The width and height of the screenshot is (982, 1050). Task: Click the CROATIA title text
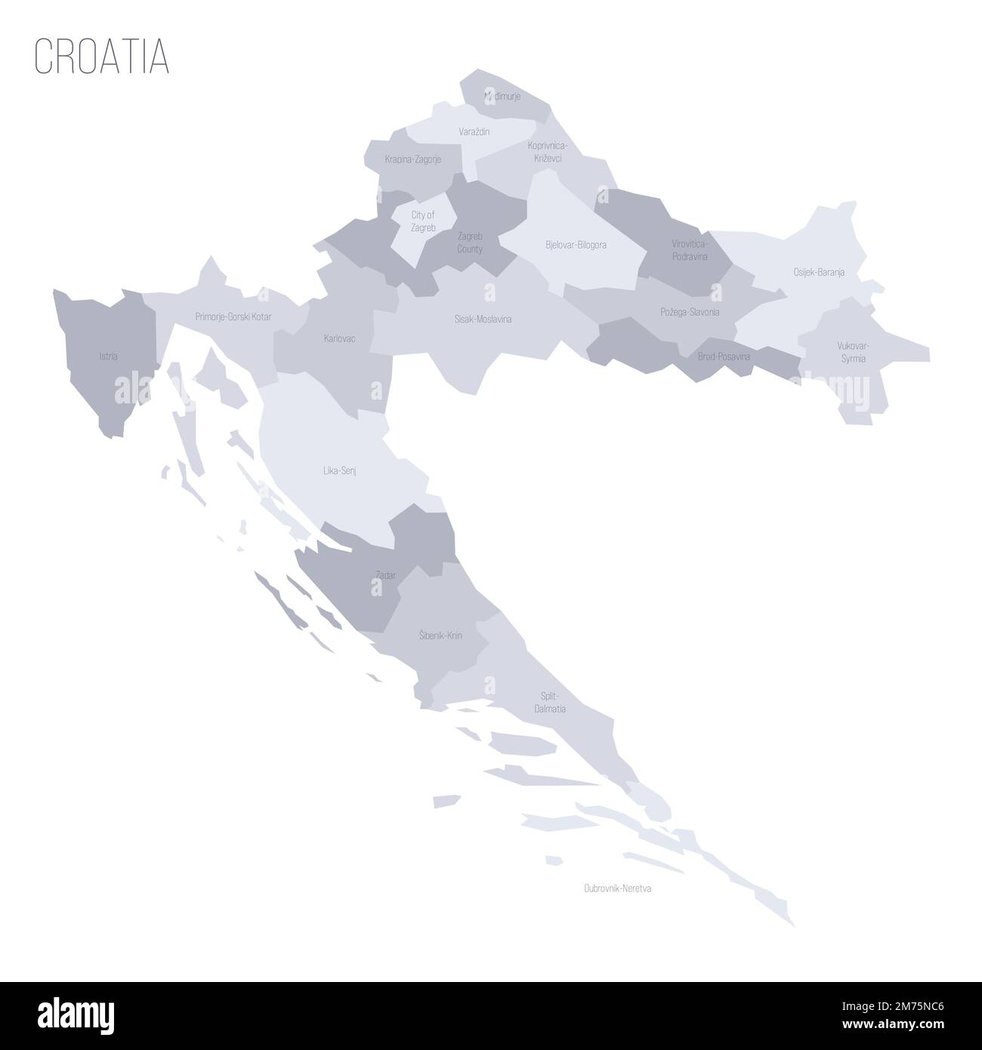pyautogui.click(x=101, y=55)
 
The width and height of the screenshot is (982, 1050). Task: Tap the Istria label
pyautogui.click(x=108, y=355)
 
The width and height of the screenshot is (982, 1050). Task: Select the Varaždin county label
pyautogui.click(x=474, y=131)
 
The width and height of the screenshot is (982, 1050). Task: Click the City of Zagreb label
pyautogui.click(x=422, y=221)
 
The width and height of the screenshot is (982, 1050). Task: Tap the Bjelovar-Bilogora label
pyautogui.click(x=576, y=245)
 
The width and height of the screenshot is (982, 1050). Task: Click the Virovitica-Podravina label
pyautogui.click(x=690, y=250)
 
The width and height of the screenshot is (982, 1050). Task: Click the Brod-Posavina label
pyautogui.click(x=724, y=356)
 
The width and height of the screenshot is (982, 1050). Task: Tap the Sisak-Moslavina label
pyautogui.click(x=483, y=319)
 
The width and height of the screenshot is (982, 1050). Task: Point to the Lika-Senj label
pyautogui.click(x=339, y=470)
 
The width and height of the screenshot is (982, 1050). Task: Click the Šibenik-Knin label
pyautogui.click(x=440, y=636)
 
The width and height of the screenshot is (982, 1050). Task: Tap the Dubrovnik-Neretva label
pyautogui.click(x=617, y=889)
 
